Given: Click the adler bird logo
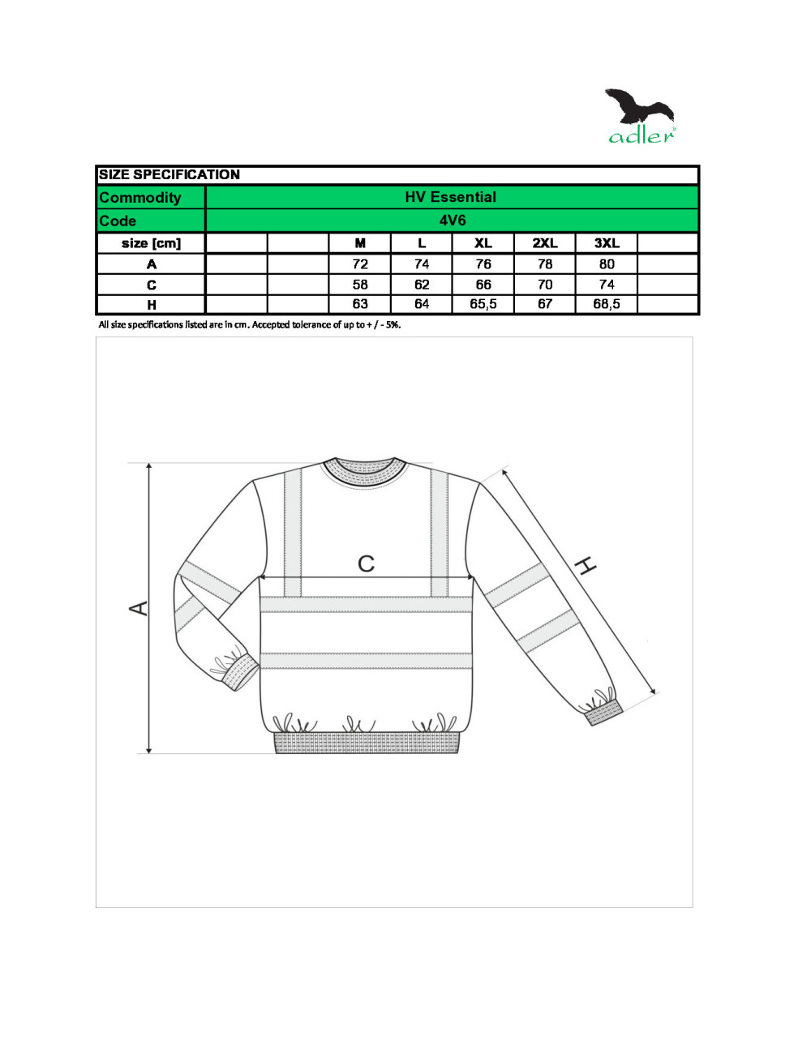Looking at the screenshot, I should pos(641,116).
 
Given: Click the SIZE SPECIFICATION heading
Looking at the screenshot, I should pos(169,174).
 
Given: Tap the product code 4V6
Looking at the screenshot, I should pos(453,221).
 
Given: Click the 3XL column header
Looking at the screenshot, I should pos(607,243).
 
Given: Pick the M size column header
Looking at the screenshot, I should pos(360,243).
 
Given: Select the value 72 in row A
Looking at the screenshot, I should pos(360,264).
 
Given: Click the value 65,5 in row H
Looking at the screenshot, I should pos(483,304).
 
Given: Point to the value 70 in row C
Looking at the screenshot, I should pos(545,285).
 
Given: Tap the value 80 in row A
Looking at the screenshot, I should pos(607,264).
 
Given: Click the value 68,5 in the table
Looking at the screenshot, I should pos(607,304).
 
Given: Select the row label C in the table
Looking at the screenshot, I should pos(152,285).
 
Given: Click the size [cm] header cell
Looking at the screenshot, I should pos(152,243).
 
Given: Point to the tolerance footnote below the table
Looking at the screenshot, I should pos(250,325).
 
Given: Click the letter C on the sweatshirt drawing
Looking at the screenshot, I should pos(367,563).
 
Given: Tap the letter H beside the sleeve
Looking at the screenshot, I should pos(586,565).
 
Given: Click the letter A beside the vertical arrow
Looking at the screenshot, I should pos(139,608).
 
